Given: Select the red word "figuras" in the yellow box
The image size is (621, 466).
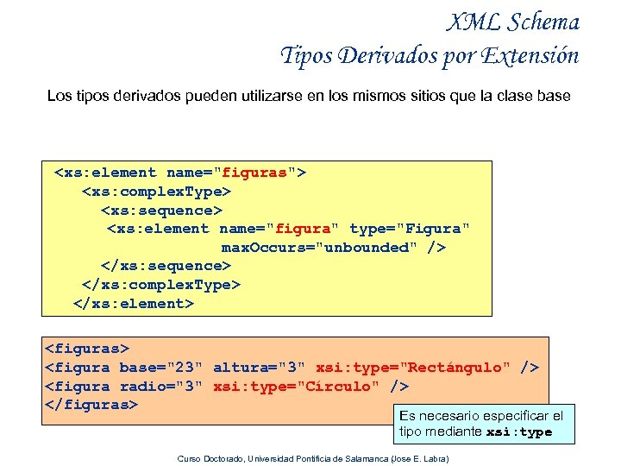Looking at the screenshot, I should pos(255,173).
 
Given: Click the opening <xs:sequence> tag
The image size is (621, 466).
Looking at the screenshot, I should pos(161,210).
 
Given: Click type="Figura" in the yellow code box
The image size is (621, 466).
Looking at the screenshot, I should pos(410,229).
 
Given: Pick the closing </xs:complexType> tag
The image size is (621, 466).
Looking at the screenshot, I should pos(161,285).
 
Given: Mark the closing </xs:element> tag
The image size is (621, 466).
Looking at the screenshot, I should pos(134,304).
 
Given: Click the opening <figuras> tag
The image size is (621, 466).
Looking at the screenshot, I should pos(86,349).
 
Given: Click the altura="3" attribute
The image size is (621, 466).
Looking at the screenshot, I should pos(260,368).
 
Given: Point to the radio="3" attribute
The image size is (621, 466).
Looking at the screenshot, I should pos(161,386).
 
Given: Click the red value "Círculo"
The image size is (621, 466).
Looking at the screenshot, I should pos(338,386).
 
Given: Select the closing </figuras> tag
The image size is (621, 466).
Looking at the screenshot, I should pos(91,405).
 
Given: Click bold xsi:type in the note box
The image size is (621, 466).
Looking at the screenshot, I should pos(519,432).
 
